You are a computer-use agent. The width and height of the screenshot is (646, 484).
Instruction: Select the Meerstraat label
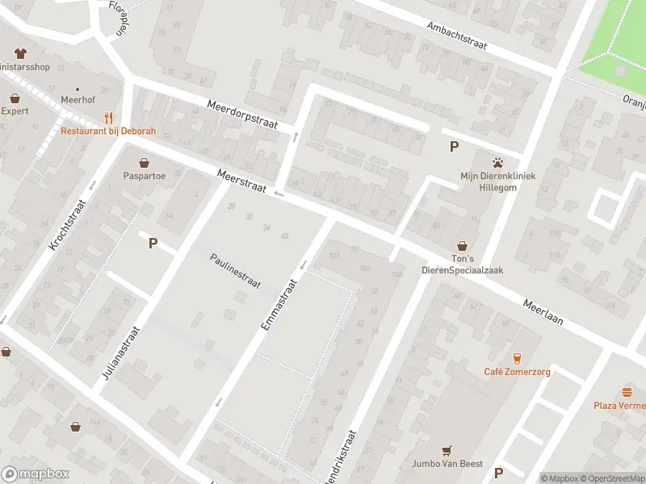[241, 181]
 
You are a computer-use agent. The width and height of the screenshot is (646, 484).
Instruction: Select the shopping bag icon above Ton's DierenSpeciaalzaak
[463, 245]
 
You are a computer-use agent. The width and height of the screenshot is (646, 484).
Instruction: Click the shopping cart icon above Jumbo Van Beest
[447, 450]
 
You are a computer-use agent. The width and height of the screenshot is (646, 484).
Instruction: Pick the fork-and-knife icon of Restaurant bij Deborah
[108, 118]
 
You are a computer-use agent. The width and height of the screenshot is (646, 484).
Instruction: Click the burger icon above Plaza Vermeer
[627, 391]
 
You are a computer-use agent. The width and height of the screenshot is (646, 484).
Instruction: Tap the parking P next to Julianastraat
[152, 243]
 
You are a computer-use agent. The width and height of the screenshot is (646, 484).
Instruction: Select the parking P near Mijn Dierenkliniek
[454, 146]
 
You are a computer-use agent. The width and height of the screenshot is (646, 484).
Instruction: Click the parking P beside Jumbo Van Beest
[498, 473]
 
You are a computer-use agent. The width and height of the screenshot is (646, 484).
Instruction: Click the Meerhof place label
[78, 100]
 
